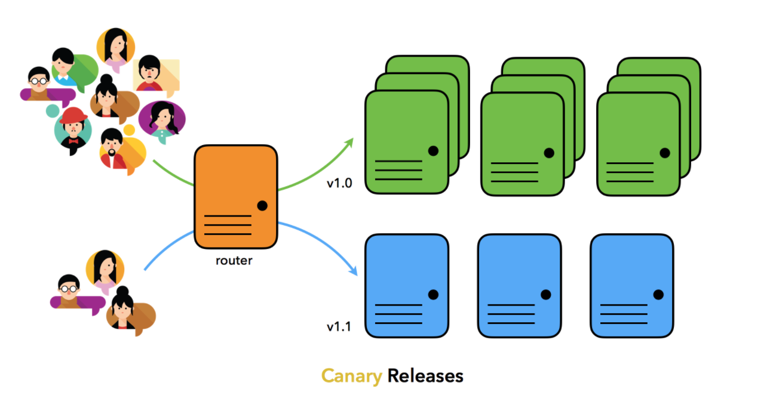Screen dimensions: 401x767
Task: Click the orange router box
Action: click(236, 197)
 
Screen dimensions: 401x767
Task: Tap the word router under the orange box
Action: click(234, 261)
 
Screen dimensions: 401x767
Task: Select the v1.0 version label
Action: click(339, 183)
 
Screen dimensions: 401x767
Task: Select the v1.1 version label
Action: click(339, 326)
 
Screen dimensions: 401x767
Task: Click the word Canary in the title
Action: click(351, 376)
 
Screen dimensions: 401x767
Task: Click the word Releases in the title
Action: click(425, 376)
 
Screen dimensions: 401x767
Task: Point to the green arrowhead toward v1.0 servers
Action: click(349, 143)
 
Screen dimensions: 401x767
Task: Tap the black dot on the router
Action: click(262, 206)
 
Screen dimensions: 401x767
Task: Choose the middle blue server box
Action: click(519, 286)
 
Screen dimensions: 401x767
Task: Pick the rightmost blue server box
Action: click(631, 286)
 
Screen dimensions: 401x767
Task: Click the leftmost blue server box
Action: click(406, 286)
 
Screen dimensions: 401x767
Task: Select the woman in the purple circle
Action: click(162, 118)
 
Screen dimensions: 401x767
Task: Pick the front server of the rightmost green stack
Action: click(638, 143)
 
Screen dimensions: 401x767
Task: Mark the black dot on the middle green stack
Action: click(549, 153)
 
